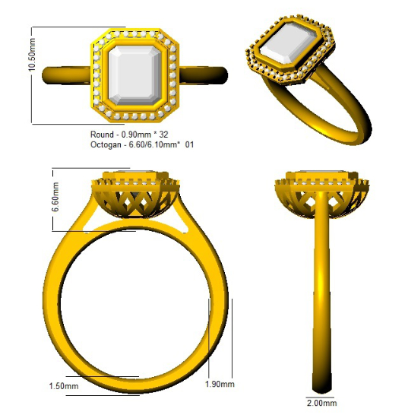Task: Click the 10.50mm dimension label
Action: point(32,55)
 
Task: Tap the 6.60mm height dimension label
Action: point(55,197)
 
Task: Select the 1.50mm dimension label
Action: point(64,386)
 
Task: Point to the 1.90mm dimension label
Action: point(220,384)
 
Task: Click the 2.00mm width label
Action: point(321,403)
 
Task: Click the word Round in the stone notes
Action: point(102,135)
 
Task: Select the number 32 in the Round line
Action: point(163,135)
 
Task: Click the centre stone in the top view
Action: point(134,75)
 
